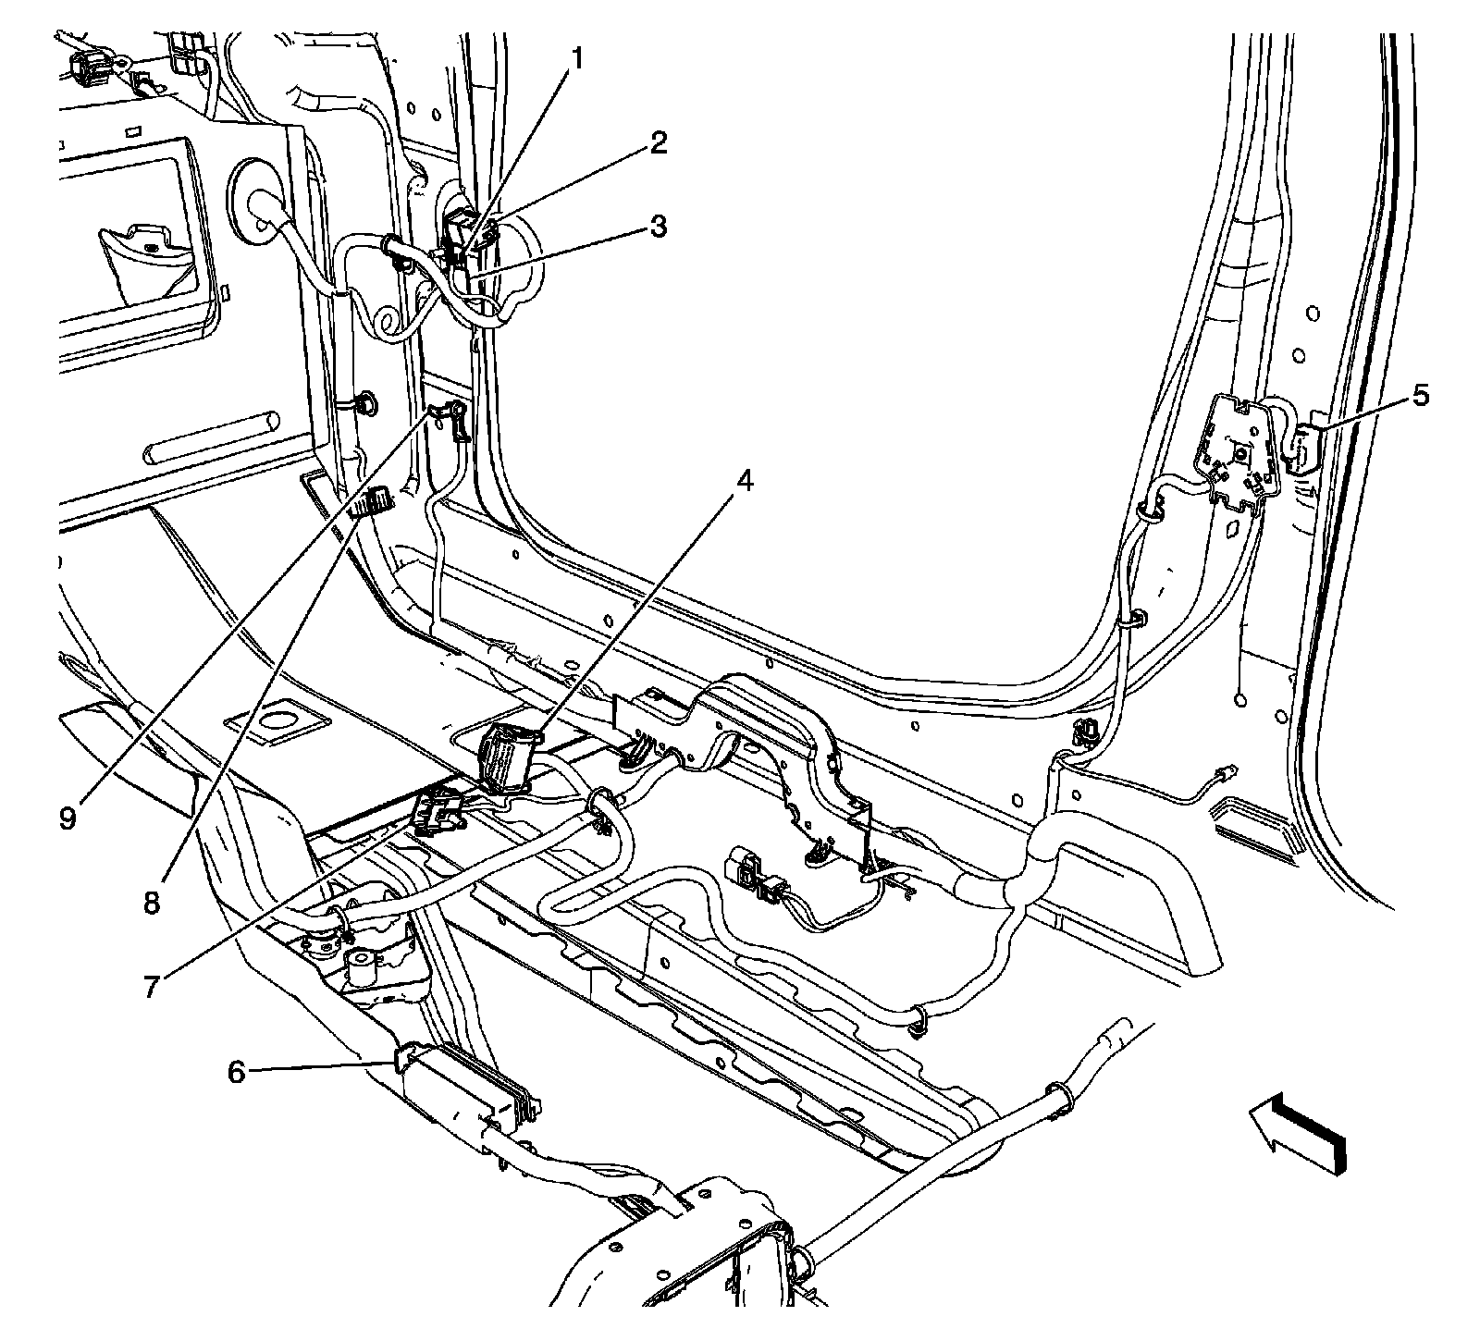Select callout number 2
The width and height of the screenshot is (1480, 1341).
click(658, 143)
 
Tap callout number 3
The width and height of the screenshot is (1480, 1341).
click(658, 226)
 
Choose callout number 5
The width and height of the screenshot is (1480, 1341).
click(1420, 396)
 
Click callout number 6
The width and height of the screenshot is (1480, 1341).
click(237, 1073)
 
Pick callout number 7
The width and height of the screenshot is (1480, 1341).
click(151, 986)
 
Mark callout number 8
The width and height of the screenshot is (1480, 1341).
click(151, 902)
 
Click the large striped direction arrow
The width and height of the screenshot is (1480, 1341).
click(1297, 1134)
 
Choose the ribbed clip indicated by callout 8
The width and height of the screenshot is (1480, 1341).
click(376, 502)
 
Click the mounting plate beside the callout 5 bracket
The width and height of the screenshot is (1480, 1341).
click(1235, 450)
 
